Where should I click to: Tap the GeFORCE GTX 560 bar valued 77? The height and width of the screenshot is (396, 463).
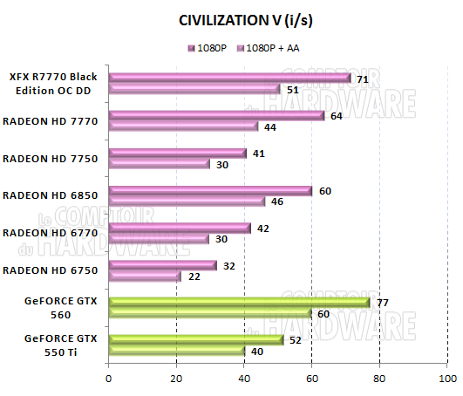pos(238,302)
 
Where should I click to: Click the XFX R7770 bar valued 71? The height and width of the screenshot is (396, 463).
pos(228,77)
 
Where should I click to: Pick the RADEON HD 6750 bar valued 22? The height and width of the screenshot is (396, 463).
pos(145,277)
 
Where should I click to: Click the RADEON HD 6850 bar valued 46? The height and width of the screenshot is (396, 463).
pos(186,201)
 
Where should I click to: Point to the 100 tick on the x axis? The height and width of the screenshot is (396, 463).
pos(447,379)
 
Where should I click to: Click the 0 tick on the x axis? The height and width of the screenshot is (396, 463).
pos(108,379)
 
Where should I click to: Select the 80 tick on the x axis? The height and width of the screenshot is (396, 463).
pos(379,379)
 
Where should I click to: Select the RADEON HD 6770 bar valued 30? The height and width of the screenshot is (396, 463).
pos(159,239)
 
